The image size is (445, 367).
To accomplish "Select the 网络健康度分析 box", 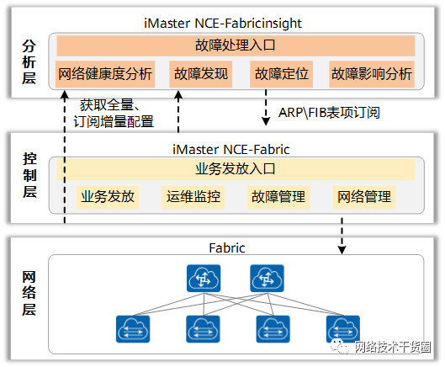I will click(x=106, y=74).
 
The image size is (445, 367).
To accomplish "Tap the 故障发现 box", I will click(x=201, y=74).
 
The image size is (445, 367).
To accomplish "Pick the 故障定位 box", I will click(x=280, y=74).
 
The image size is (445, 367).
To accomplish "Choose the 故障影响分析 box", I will click(x=372, y=74).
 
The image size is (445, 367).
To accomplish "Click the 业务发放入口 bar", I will click(x=236, y=168).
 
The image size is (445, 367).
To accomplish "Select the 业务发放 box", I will click(x=107, y=197).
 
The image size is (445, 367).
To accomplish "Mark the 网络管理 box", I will click(x=363, y=197).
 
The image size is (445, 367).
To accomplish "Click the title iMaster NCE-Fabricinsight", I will click(x=236, y=23).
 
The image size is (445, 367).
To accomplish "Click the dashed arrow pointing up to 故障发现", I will click(x=177, y=109).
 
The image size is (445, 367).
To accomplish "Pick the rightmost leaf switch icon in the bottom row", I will click(x=343, y=328).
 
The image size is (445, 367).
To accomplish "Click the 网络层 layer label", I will click(x=29, y=292).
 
